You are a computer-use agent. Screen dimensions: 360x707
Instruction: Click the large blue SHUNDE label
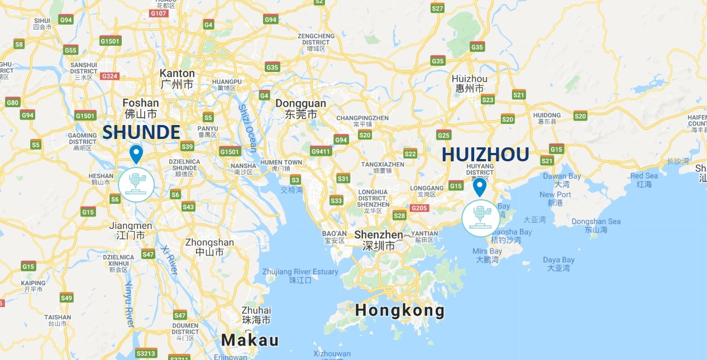coord(141,132)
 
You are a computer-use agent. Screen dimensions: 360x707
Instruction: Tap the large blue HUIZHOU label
coord(485,155)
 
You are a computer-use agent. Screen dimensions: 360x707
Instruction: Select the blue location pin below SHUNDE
coord(136,153)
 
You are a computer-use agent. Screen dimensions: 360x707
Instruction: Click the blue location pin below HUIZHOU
coord(480,187)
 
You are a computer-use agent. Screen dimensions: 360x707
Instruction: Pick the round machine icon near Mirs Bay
coord(480,218)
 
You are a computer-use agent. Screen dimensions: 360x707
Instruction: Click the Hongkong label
coord(400,310)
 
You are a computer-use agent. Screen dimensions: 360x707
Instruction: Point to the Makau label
coord(250,340)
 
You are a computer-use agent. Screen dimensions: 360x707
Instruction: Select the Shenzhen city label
coord(378,235)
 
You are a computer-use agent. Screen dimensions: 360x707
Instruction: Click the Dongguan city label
coord(300,103)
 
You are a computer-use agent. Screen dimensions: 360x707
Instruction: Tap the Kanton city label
coord(177,73)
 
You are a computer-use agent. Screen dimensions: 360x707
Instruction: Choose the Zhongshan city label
coord(209,242)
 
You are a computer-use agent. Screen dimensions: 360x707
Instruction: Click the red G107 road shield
coord(159,13)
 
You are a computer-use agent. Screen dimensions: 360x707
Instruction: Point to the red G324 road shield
coord(110,76)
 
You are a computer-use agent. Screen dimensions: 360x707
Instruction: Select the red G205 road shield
coord(419,208)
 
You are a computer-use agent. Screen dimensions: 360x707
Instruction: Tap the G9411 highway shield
coord(321,151)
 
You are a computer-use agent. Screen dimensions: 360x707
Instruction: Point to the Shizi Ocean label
coord(247,128)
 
